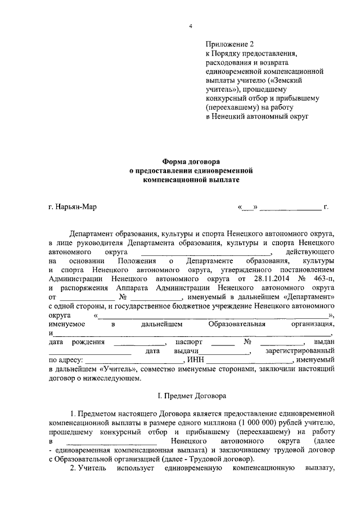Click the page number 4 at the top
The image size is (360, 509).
pos(191,27)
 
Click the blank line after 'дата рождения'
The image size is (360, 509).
pos(139,343)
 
